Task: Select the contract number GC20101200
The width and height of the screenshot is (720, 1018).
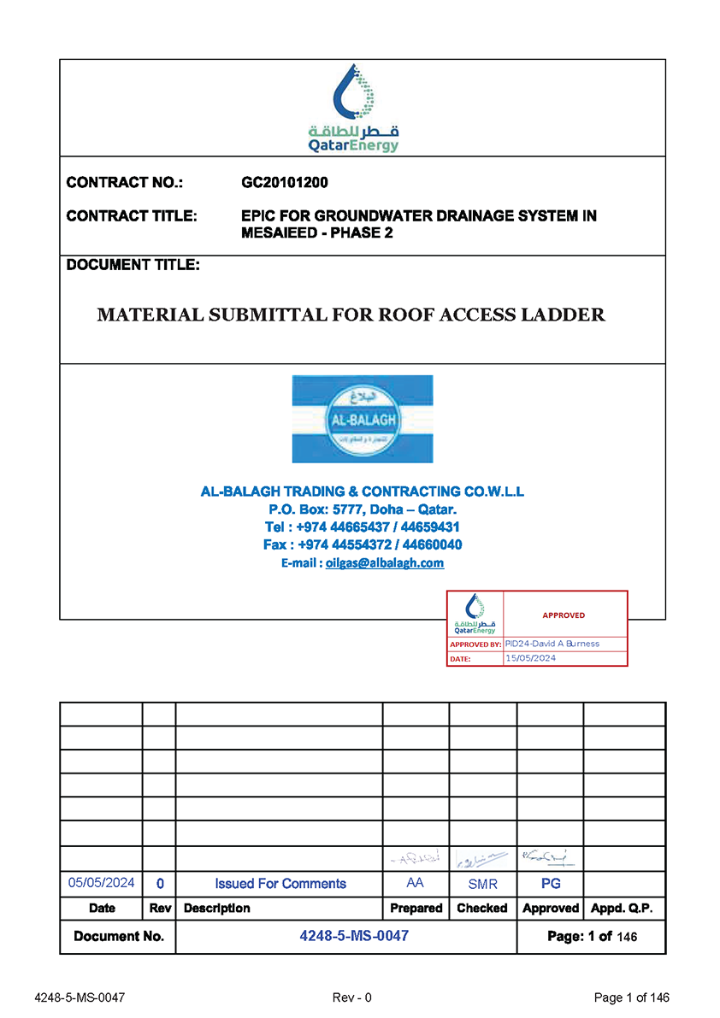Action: coord(285,182)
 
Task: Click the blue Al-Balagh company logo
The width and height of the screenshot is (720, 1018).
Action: coord(363,419)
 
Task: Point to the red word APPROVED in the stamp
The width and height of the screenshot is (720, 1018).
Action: coord(564,615)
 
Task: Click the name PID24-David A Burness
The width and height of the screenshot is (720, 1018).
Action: coord(552,644)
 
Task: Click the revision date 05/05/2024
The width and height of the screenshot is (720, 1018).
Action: coord(102,883)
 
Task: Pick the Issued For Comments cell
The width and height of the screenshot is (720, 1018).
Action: coord(280,884)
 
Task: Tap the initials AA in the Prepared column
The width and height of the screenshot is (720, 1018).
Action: coord(416,883)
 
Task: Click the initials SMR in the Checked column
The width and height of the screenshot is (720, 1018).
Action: coord(482,884)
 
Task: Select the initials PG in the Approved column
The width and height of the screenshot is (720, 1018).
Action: coord(551,883)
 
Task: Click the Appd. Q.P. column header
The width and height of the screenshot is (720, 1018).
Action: coord(623,908)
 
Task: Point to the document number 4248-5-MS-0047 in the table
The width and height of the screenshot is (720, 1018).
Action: coord(354,936)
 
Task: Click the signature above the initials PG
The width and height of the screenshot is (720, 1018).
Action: coord(550,856)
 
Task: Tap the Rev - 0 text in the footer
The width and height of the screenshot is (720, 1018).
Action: coord(351,997)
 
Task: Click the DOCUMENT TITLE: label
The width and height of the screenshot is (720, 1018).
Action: coord(133,265)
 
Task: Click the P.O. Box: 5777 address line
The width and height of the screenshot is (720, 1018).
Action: coord(363,509)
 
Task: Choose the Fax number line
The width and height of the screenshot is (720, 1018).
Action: coord(363,544)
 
